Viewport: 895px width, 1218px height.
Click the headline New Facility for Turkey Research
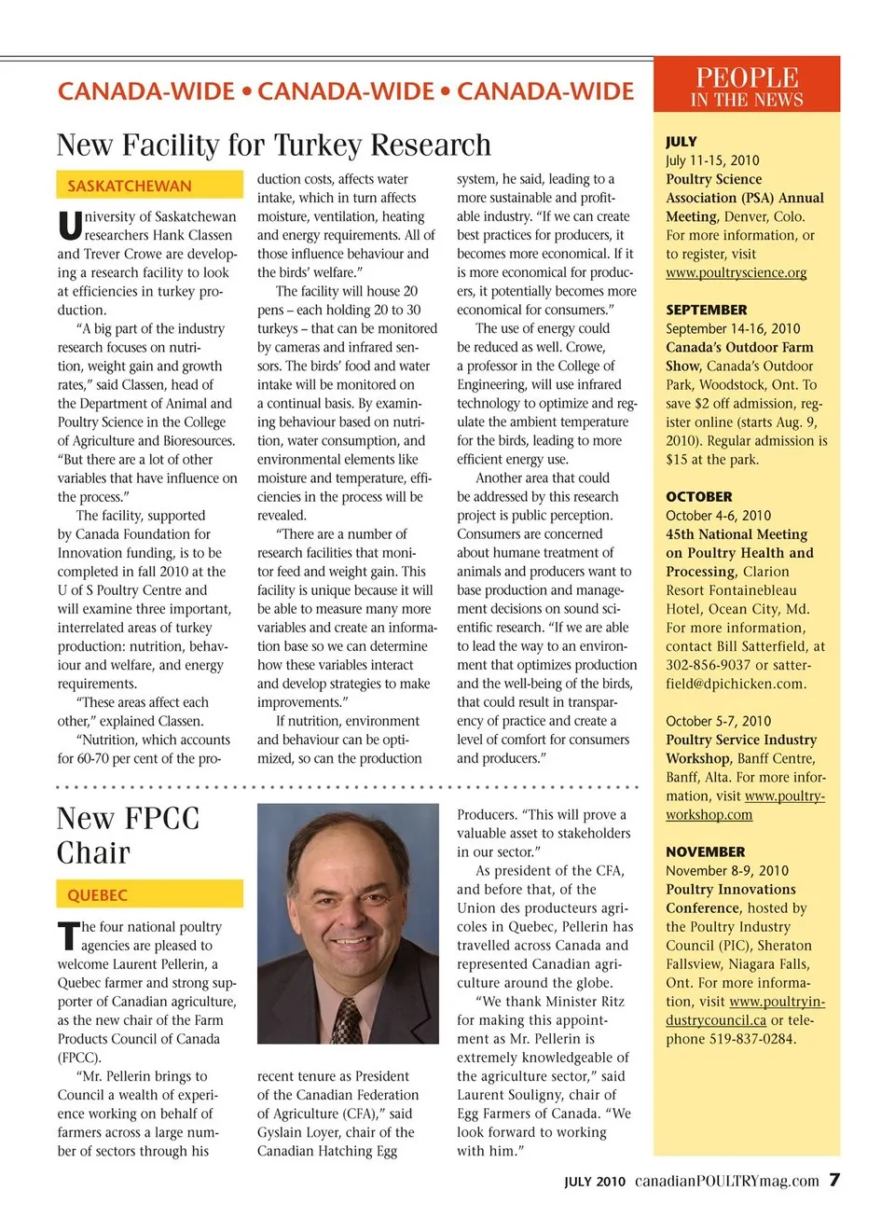click(273, 145)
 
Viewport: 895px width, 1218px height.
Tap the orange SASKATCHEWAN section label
click(129, 186)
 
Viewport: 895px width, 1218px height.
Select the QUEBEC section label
click(97, 895)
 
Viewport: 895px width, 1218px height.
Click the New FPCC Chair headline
click(128, 836)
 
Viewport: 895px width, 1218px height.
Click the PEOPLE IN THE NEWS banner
click(747, 86)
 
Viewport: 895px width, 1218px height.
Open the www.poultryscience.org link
click(736, 272)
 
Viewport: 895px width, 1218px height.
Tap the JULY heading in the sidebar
click(682, 142)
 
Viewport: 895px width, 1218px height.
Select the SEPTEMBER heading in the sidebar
click(706, 310)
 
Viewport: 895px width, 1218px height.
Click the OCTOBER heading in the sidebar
click(698, 497)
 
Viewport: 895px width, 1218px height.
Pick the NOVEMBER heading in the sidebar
click(705, 851)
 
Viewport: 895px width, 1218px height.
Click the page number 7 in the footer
click(834, 1180)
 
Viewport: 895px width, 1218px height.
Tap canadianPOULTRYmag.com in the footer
click(726, 1181)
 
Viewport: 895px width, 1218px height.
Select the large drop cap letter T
click(68, 936)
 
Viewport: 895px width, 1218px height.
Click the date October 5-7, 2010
click(718, 721)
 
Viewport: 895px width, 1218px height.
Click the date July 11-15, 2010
click(712, 160)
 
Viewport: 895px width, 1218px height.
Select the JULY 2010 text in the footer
click(594, 1182)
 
